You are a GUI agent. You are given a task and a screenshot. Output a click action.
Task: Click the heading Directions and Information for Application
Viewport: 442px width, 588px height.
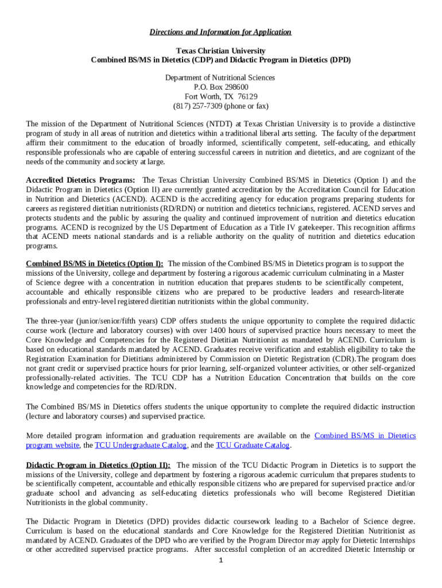pos(220,32)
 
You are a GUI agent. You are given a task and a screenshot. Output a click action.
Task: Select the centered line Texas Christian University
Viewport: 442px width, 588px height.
pos(220,51)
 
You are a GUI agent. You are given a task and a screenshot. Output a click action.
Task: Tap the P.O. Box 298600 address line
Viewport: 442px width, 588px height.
pos(220,87)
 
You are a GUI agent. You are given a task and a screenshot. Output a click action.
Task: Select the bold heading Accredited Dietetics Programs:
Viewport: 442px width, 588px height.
pos(81,180)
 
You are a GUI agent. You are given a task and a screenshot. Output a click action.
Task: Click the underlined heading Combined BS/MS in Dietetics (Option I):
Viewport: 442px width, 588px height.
pos(95,264)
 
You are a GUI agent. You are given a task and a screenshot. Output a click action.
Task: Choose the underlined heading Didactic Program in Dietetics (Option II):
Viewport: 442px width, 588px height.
pos(98,465)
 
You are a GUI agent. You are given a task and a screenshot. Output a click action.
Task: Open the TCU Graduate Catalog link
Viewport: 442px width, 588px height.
pos(253,445)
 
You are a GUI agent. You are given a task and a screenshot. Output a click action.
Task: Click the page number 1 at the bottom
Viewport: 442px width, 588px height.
pos(220,560)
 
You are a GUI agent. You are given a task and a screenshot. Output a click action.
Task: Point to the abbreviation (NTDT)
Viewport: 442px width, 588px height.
pos(220,124)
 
